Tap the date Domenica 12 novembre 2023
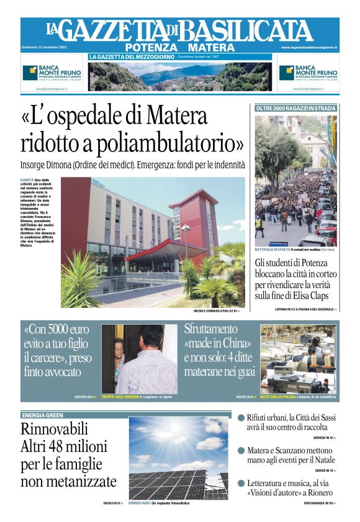[x=43, y=47]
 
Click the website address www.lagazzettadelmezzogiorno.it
[x=308, y=47]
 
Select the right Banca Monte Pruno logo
[x=307, y=73]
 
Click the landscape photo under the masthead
[x=179, y=76]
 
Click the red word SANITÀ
[x=27, y=180]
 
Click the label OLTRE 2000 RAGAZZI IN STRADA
[x=296, y=109]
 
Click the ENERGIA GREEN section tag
[x=42, y=415]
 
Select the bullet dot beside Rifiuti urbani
[x=241, y=419]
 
